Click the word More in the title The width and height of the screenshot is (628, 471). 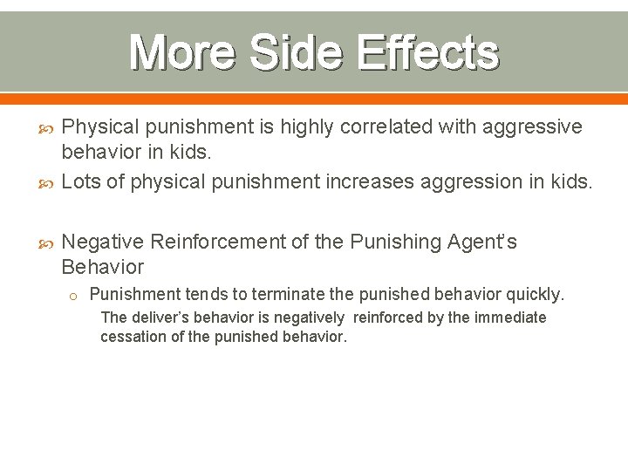coord(181,52)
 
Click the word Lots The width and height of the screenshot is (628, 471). coord(81,181)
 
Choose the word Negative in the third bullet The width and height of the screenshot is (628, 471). coord(103,242)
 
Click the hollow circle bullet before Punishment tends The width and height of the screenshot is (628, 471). coord(74,296)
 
